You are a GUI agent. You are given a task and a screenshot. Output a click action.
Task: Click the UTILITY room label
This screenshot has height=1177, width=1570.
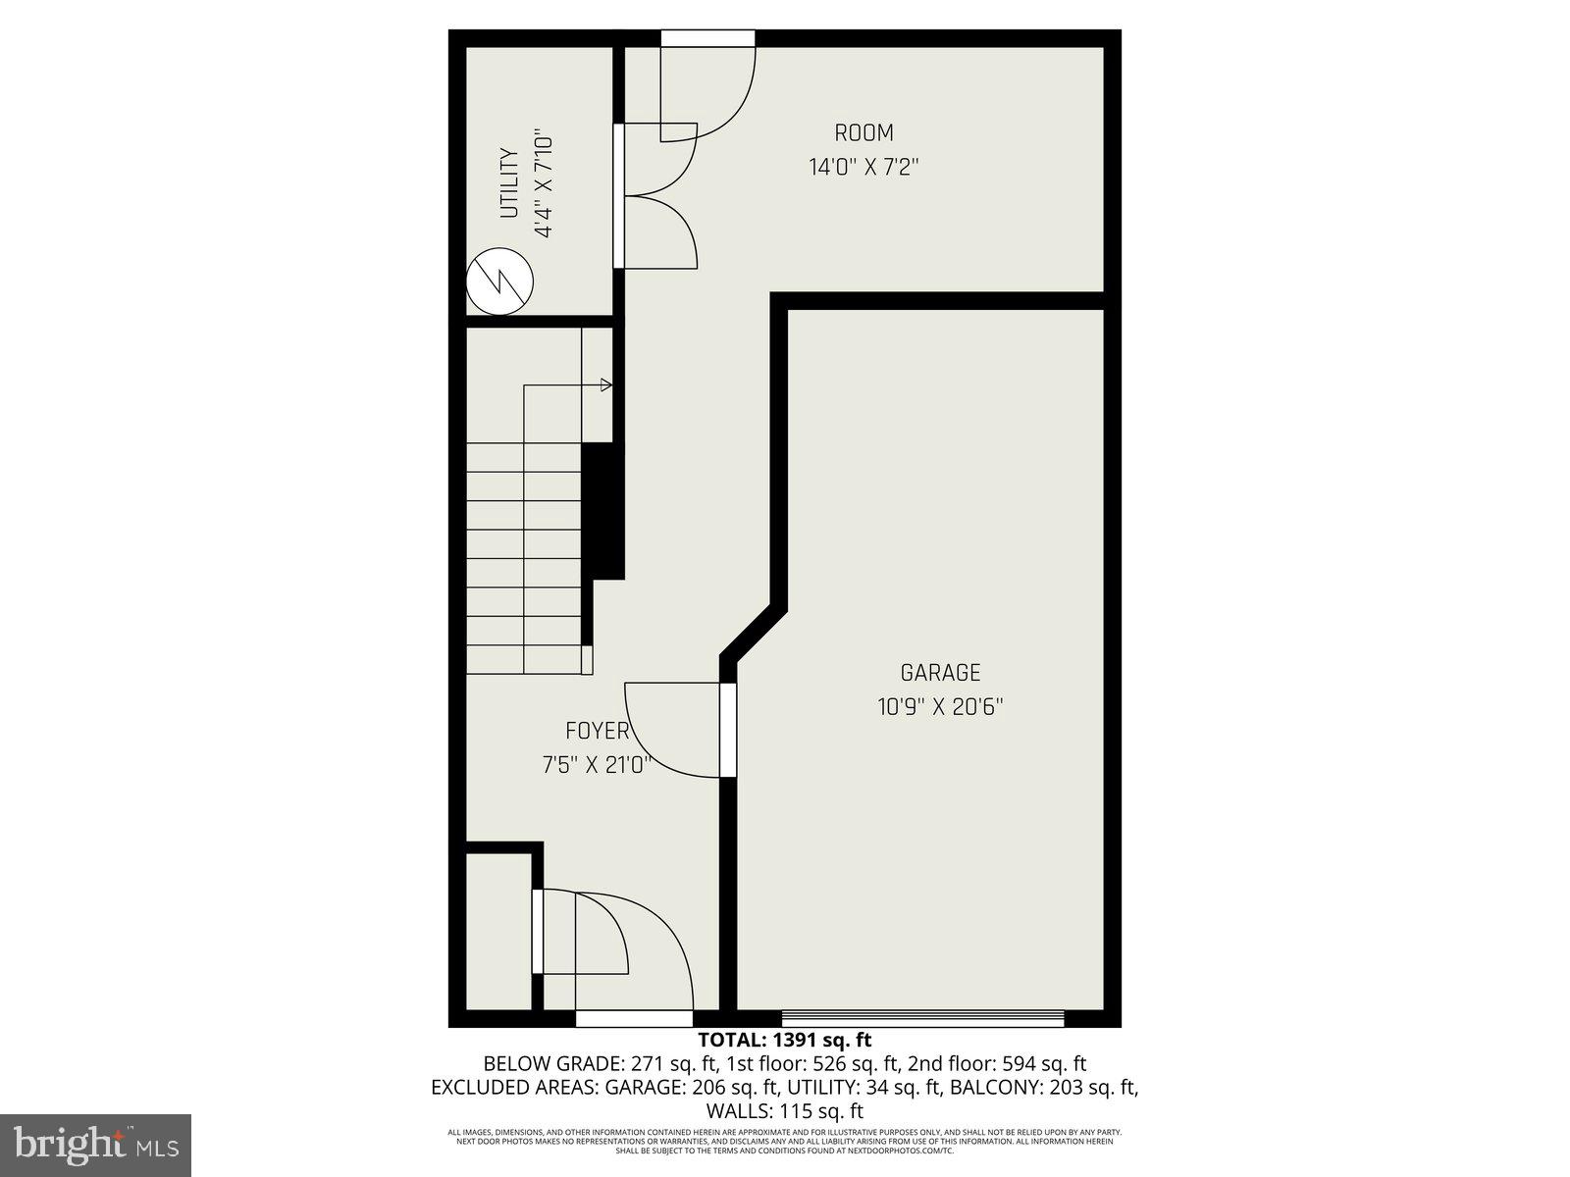[x=508, y=183]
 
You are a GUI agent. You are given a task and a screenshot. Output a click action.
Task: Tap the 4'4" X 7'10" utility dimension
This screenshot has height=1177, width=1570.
[x=543, y=185]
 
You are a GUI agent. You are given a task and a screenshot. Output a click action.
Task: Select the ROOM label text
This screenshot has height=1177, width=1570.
[x=863, y=132]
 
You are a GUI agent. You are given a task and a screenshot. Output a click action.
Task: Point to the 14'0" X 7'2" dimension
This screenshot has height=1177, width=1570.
[x=863, y=167]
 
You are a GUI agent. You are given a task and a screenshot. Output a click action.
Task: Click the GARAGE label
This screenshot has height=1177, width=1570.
[x=940, y=673]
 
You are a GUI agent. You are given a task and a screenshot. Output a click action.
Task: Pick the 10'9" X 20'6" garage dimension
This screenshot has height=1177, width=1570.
[x=940, y=707]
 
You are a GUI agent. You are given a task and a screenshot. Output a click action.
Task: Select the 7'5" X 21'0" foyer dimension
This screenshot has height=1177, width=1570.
[x=597, y=765]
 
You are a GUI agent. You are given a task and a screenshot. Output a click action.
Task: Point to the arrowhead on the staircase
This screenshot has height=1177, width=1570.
[x=606, y=384]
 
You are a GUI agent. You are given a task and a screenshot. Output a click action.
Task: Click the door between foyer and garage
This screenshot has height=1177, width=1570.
[x=727, y=730]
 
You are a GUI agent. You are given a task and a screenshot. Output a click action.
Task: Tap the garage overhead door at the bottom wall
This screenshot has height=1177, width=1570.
[x=922, y=1018]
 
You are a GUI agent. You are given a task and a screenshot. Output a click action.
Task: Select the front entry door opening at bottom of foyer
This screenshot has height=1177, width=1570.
[x=634, y=1018]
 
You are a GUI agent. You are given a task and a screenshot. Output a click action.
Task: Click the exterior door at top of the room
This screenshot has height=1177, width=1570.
[x=707, y=38]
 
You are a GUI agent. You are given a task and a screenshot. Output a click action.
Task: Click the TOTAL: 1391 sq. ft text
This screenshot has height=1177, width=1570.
[x=784, y=1040]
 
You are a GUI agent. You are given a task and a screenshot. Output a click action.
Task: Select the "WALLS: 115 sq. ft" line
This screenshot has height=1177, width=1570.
[x=784, y=1111]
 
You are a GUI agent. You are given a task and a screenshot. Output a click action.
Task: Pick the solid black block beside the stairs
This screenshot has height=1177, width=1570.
[x=603, y=511]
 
